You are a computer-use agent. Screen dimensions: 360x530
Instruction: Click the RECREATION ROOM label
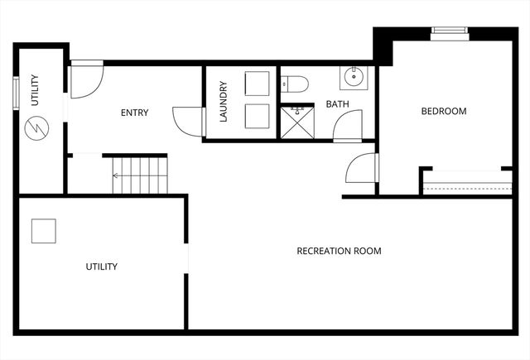[339, 251]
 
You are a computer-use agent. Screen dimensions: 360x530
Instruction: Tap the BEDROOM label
[443, 111]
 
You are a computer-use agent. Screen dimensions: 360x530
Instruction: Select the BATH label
[337, 104]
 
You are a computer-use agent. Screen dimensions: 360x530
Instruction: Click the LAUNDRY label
[223, 102]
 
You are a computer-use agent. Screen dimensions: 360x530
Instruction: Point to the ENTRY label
[134, 113]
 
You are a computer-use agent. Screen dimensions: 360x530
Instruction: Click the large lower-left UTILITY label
[101, 266]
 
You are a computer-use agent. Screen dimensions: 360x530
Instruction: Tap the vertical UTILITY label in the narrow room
[35, 90]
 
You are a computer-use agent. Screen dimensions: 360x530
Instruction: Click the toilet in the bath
[295, 82]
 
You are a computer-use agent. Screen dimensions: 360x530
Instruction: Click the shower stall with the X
[294, 121]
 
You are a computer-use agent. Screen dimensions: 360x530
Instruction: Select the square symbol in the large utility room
[44, 231]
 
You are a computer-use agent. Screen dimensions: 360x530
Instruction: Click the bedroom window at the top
[450, 32]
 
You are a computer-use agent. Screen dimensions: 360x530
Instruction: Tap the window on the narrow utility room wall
[16, 92]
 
